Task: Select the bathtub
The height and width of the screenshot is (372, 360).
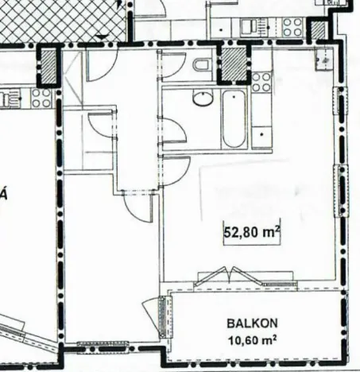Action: coord(234,120)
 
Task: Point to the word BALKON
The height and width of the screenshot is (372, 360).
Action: coord(251,324)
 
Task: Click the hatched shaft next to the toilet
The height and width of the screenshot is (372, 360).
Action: coord(233,64)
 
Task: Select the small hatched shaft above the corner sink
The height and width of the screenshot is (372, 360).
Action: coord(319,31)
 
